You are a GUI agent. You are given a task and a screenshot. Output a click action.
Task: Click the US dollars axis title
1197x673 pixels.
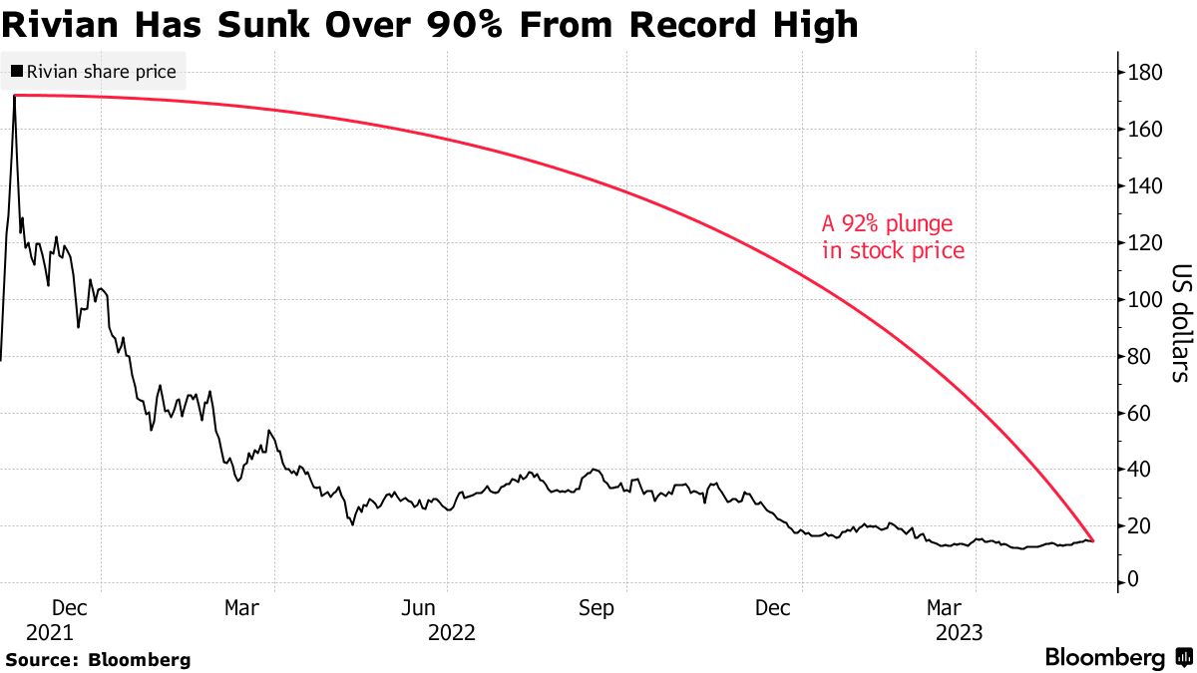click(1181, 323)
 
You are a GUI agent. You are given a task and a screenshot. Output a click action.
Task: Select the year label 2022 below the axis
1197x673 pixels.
click(452, 632)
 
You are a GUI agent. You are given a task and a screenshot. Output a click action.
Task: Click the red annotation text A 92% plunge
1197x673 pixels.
click(887, 222)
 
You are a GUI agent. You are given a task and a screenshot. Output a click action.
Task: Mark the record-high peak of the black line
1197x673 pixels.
click(14, 96)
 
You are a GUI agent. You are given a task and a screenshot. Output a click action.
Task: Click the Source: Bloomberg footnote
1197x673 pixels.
click(97, 660)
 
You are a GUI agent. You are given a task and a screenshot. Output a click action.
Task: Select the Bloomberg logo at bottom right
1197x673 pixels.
click(1116, 657)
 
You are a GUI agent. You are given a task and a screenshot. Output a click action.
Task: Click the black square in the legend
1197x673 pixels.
click(17, 72)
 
